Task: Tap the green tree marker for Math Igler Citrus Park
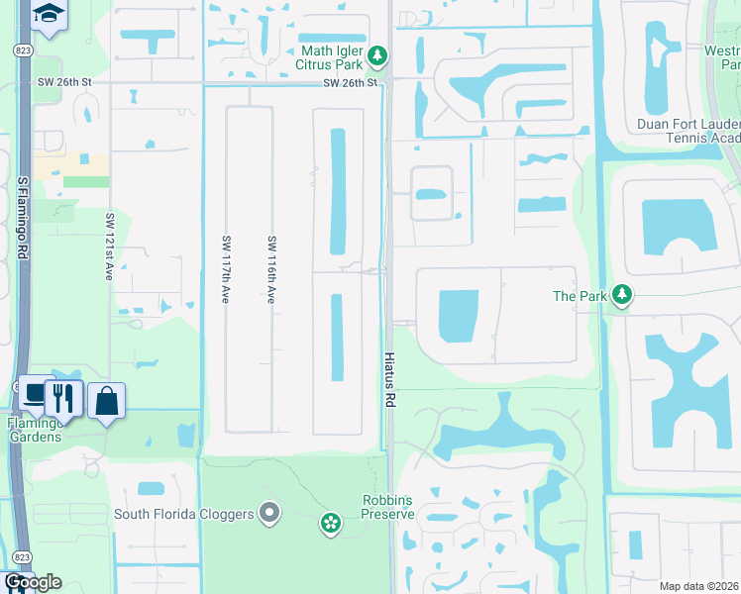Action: tap(376, 57)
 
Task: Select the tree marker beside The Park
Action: tap(621, 295)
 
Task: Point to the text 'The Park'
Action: tap(579, 296)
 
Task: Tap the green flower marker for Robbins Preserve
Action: tap(331, 522)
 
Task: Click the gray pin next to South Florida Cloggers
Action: tap(268, 512)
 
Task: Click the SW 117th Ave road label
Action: tap(227, 268)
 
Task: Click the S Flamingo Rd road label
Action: tap(21, 224)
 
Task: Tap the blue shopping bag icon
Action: tap(106, 401)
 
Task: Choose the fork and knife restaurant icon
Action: tap(64, 397)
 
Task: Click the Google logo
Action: tap(32, 582)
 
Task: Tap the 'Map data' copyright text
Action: tap(698, 586)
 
